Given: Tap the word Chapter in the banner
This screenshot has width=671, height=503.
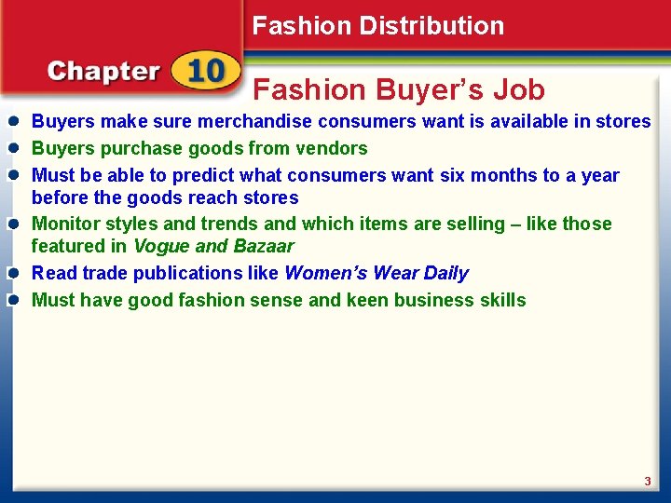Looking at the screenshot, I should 103,72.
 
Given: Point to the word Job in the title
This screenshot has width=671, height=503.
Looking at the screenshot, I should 519,89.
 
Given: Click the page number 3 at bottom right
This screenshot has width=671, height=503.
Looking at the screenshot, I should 647,481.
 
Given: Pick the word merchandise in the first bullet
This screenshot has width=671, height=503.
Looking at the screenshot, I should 253,121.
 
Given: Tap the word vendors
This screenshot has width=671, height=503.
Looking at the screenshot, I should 332,148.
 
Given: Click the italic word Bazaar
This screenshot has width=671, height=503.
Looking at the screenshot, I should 263,247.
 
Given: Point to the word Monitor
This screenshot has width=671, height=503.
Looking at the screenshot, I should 65,224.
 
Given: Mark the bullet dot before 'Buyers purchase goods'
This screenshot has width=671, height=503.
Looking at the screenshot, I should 15,148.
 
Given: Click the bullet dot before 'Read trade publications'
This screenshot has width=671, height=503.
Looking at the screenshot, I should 15,273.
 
